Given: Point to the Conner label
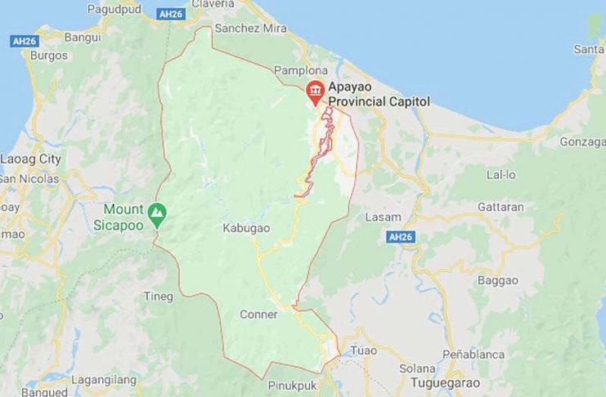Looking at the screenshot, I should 258,314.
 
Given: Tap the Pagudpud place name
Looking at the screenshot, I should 114,9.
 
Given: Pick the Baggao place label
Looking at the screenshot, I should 498,280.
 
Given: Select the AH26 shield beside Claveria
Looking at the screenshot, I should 171,14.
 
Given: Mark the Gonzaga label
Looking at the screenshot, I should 582,141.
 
